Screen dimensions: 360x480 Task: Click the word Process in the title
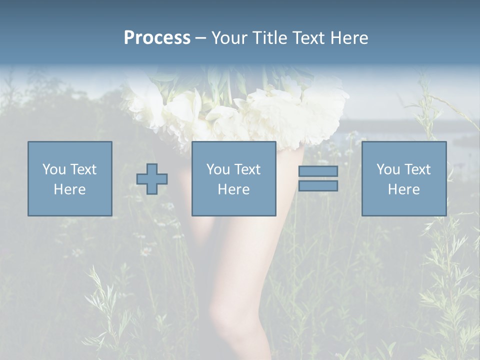click(157, 38)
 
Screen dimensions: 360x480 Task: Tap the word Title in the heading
click(269, 38)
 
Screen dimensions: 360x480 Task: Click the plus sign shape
click(152, 179)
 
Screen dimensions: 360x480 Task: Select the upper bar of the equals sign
click(318, 171)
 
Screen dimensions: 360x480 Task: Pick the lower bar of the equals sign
click(318, 186)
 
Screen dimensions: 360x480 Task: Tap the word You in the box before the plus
click(54, 169)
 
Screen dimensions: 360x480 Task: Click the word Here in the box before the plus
click(69, 189)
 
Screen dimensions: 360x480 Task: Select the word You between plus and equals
click(218, 169)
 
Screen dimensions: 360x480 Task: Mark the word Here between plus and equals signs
click(233, 189)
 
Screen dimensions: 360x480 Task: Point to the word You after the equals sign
click(388, 169)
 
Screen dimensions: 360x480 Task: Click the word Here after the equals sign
click(403, 189)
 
